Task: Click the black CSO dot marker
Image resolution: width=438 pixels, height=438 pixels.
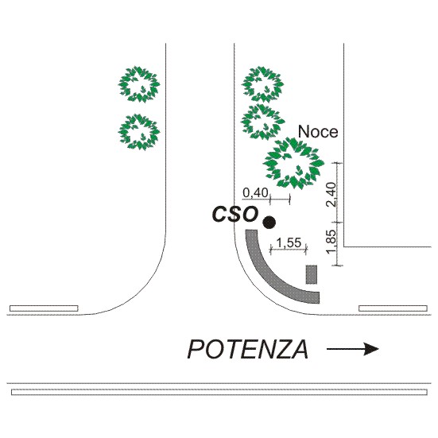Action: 269,223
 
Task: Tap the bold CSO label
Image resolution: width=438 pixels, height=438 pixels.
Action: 235,215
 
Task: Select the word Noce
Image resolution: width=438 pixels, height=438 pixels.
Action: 318,132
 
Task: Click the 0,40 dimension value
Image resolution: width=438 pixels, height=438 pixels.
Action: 255,192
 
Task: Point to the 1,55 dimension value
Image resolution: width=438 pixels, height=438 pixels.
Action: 289,242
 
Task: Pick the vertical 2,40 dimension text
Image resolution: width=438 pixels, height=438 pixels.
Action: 331,194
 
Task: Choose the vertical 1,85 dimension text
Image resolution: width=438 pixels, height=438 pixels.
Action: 331,242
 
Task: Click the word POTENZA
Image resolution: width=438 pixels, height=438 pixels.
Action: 248,349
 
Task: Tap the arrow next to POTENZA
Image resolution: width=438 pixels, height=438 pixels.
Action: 353,349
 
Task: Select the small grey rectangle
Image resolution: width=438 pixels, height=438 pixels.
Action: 312,274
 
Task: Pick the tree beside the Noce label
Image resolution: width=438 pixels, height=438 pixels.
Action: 293,164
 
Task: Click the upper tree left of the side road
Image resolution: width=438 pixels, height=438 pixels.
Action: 139,84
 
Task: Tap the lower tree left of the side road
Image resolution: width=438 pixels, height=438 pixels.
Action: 139,132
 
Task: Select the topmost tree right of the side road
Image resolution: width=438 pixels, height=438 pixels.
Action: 262,84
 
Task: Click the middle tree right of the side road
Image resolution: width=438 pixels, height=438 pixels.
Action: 262,122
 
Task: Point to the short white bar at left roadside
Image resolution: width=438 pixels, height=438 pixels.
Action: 44,308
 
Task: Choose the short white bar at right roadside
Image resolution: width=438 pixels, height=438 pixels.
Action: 393,308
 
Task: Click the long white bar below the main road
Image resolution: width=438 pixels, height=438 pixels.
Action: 219,392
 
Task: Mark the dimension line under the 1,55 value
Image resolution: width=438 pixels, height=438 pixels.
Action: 289,250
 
